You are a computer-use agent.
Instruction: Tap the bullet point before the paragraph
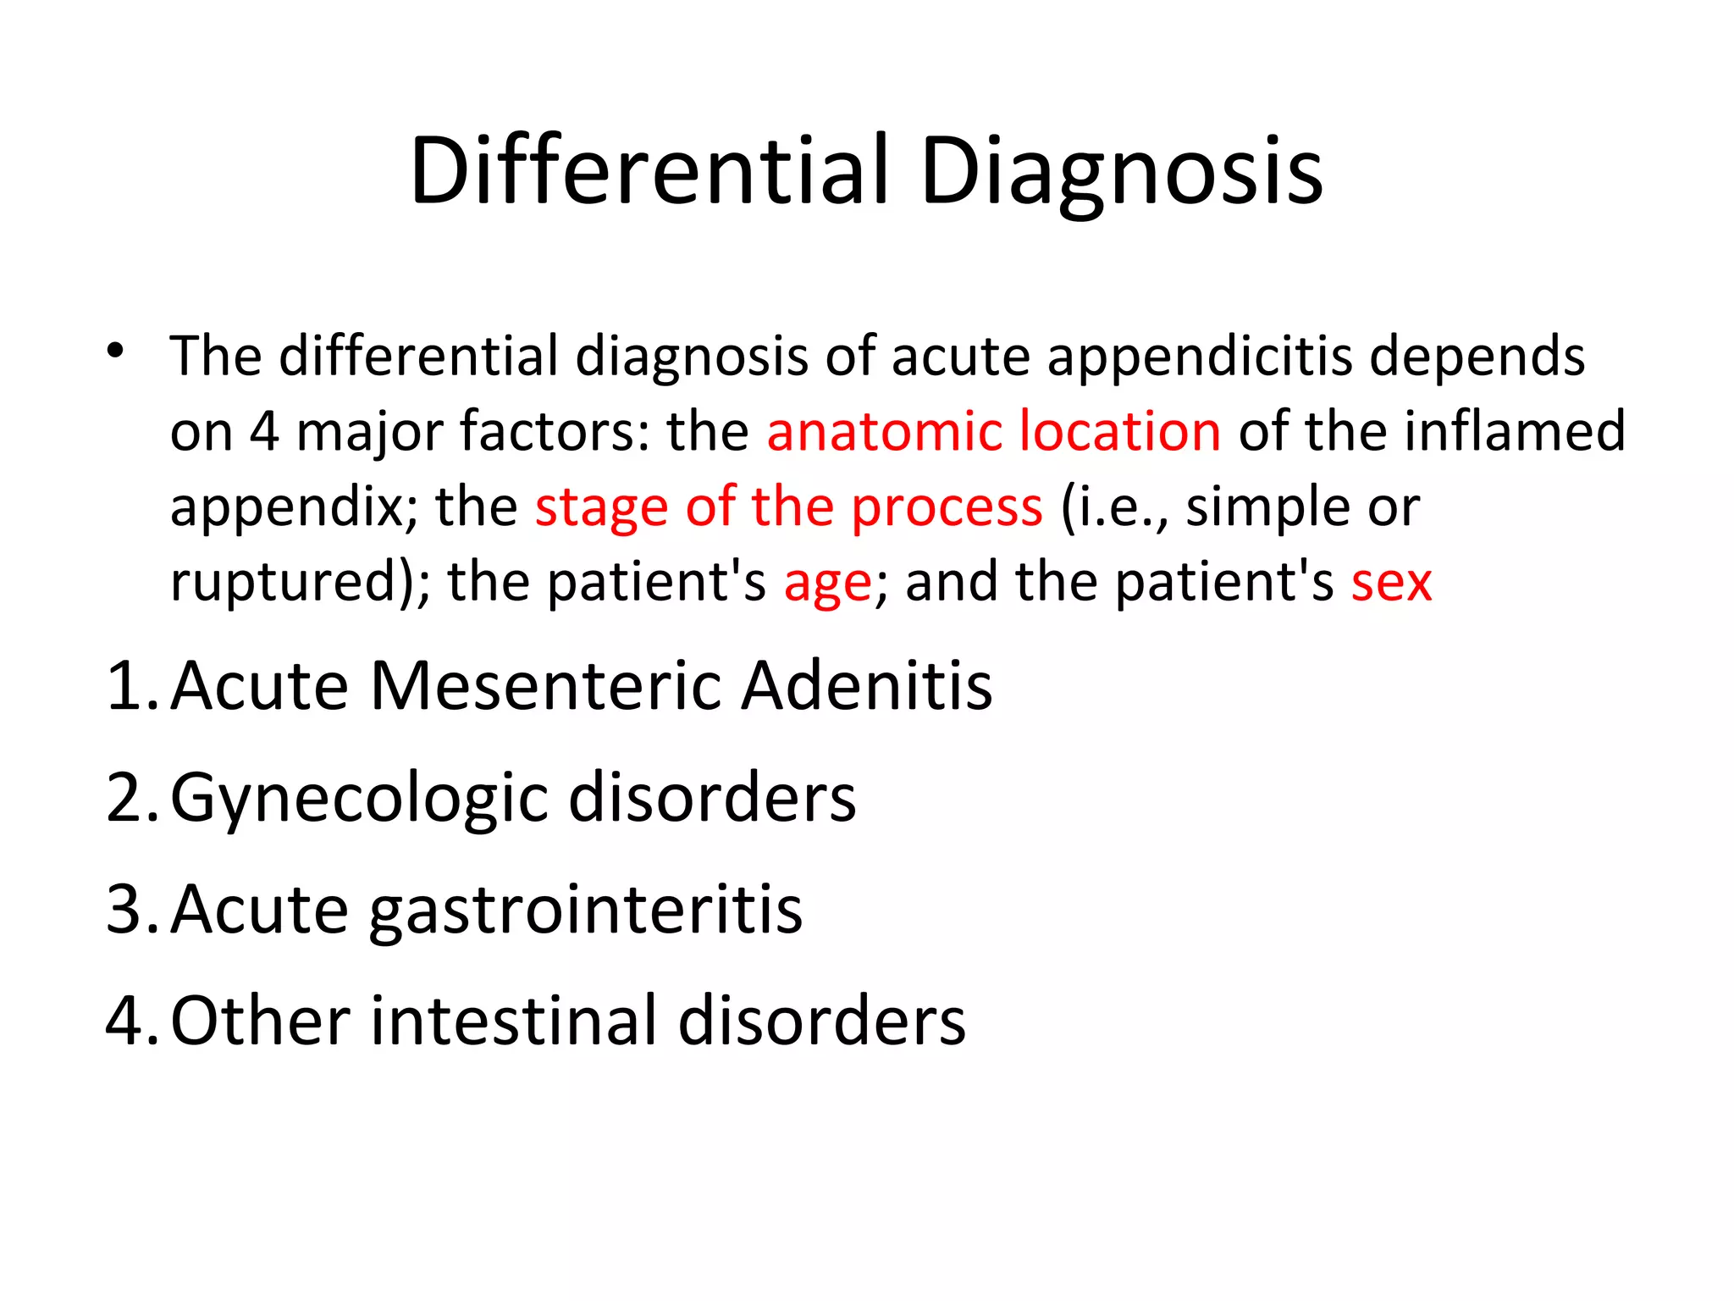[x=116, y=350]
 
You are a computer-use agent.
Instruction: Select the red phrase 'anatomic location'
[x=993, y=431]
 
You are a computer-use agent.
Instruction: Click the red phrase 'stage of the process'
[x=788, y=507]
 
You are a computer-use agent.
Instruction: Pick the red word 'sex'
[x=1391, y=583]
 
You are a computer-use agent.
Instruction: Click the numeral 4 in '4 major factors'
[x=264, y=431]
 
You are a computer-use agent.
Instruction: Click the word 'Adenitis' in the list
[x=867, y=685]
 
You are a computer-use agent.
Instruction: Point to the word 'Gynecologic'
[x=360, y=799]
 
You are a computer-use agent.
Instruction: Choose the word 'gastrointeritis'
[x=586, y=911]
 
